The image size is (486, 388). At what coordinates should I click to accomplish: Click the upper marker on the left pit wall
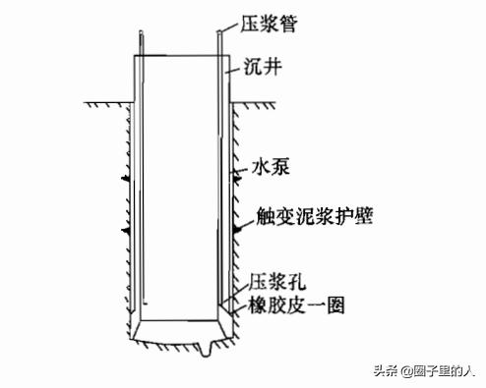coord(125,180)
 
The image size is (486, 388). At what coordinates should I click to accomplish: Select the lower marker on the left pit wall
coord(125,230)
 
